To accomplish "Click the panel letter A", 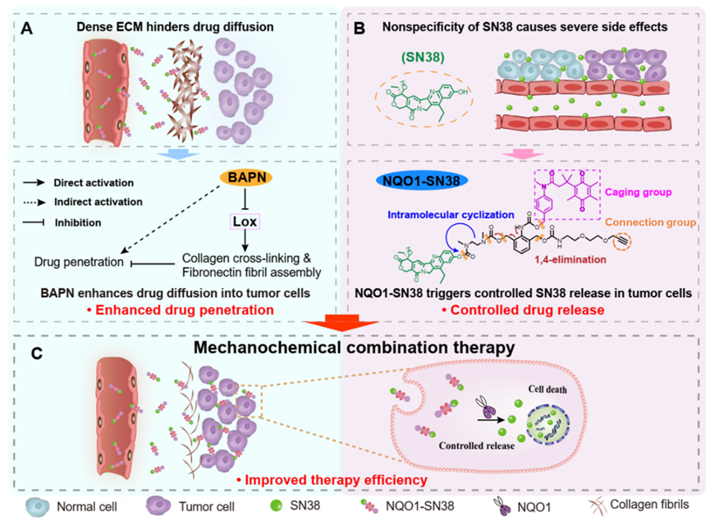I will [x=29, y=29].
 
